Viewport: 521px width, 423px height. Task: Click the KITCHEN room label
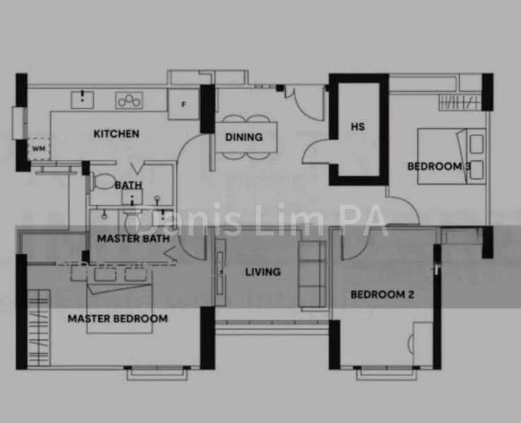[116, 134]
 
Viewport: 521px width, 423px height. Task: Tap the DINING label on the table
[244, 137]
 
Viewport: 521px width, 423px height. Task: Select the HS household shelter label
[358, 127]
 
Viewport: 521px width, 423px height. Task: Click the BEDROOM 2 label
[382, 295]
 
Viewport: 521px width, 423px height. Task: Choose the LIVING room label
[263, 271]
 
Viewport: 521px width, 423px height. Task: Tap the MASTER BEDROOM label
[118, 319]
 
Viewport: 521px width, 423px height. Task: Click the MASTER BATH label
[133, 239]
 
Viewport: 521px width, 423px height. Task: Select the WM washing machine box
[37, 149]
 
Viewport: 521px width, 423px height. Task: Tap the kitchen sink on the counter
[84, 98]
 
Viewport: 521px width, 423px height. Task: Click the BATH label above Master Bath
[128, 185]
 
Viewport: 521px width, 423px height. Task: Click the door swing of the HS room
[319, 149]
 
